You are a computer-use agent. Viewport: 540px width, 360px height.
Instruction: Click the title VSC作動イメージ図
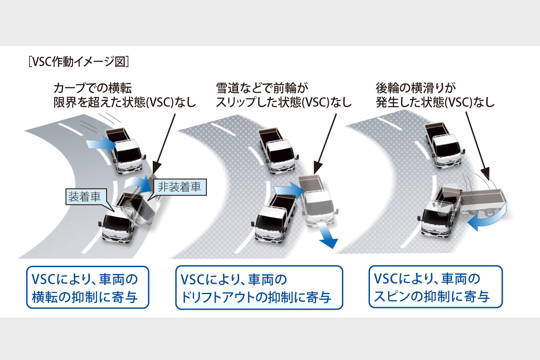tap(79, 61)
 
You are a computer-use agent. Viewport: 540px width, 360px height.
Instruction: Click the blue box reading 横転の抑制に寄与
tap(87, 287)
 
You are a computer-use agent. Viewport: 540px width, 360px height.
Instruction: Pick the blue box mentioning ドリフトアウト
tap(260, 287)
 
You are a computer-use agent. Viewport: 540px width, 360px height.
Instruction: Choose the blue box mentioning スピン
tap(435, 287)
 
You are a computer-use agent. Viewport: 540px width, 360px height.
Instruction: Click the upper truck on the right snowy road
tap(442, 142)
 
